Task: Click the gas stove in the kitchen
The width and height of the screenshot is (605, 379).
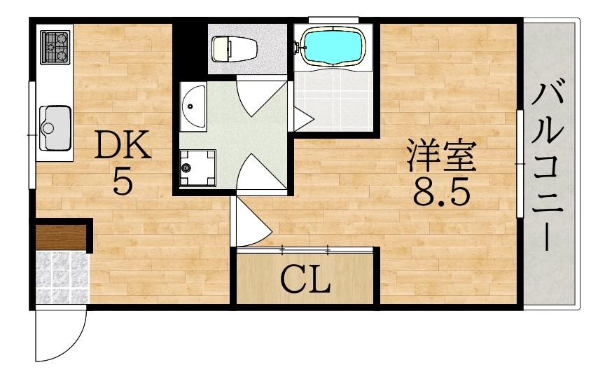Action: [x=55, y=47]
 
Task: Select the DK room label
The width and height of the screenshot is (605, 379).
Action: [x=122, y=146]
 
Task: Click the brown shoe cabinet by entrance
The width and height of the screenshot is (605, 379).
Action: [x=60, y=237]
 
